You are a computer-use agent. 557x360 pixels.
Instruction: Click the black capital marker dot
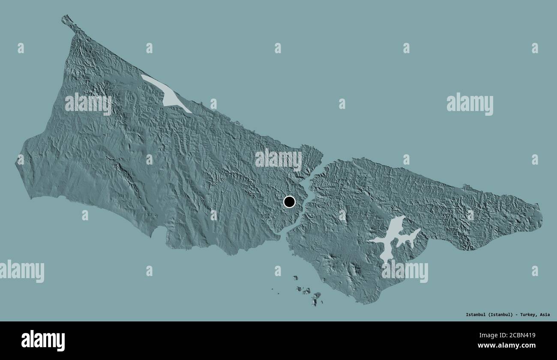289,202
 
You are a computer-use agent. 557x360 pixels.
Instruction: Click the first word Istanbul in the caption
476,315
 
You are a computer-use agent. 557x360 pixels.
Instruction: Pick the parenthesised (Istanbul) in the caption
500,315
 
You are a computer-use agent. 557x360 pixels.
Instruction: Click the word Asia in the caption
545,315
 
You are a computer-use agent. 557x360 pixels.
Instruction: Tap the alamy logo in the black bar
43,340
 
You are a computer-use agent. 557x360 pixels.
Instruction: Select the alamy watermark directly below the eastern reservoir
404,271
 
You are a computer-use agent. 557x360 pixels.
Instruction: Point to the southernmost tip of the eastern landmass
364,303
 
